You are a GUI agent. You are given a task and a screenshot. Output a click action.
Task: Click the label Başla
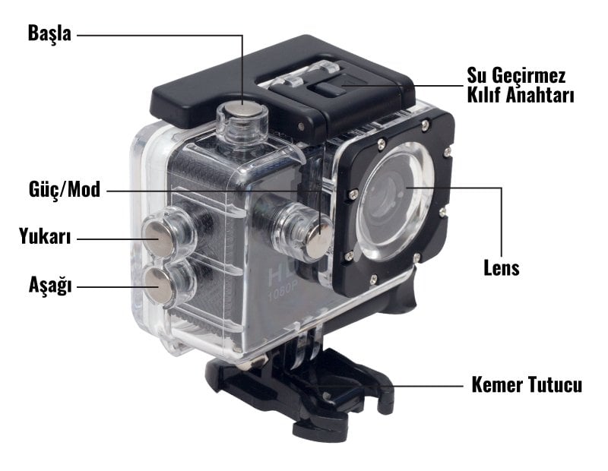[x=49, y=34]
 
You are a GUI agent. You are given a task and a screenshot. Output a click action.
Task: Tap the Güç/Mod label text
[x=65, y=190]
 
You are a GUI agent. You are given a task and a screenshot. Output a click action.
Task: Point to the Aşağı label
[x=50, y=286]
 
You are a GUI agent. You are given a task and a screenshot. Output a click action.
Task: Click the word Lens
[x=502, y=267]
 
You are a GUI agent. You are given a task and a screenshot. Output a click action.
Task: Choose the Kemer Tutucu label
[x=527, y=385]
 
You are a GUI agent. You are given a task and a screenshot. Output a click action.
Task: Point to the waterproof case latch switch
[x=330, y=88]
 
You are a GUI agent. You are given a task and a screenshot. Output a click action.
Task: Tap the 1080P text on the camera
[x=282, y=290]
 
